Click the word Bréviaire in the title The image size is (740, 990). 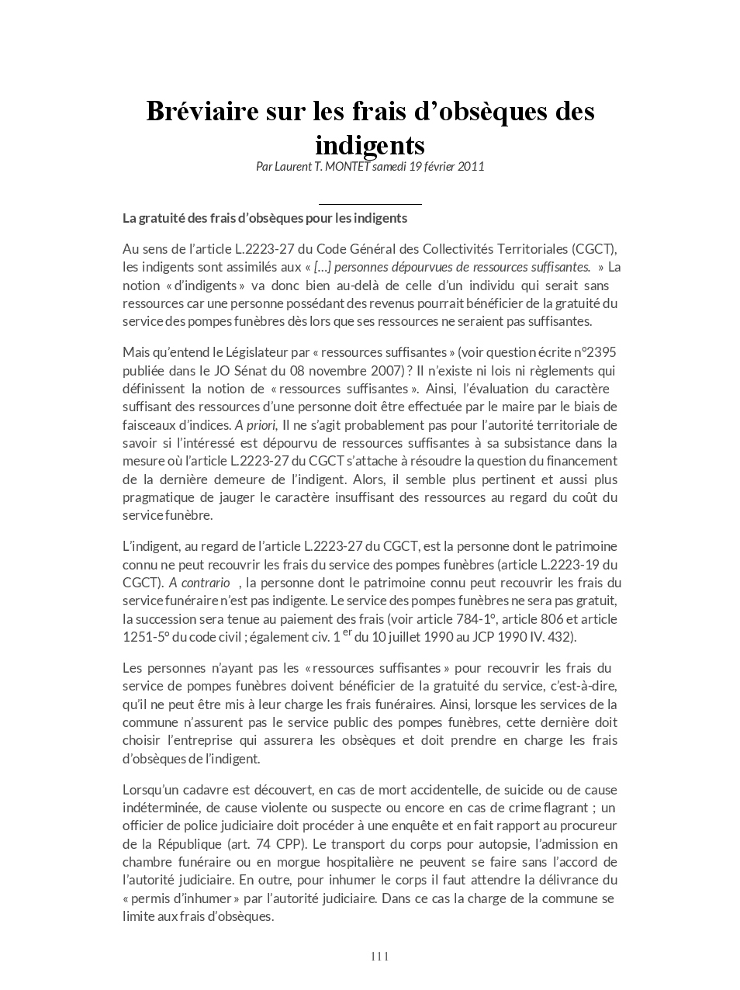[198, 112]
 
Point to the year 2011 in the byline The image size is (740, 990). [471, 166]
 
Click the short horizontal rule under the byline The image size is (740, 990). [370, 204]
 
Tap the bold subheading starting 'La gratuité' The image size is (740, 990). [265, 218]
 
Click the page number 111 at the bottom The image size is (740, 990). [379, 956]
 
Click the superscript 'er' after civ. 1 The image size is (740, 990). [347, 632]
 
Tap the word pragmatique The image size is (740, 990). [159, 497]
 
